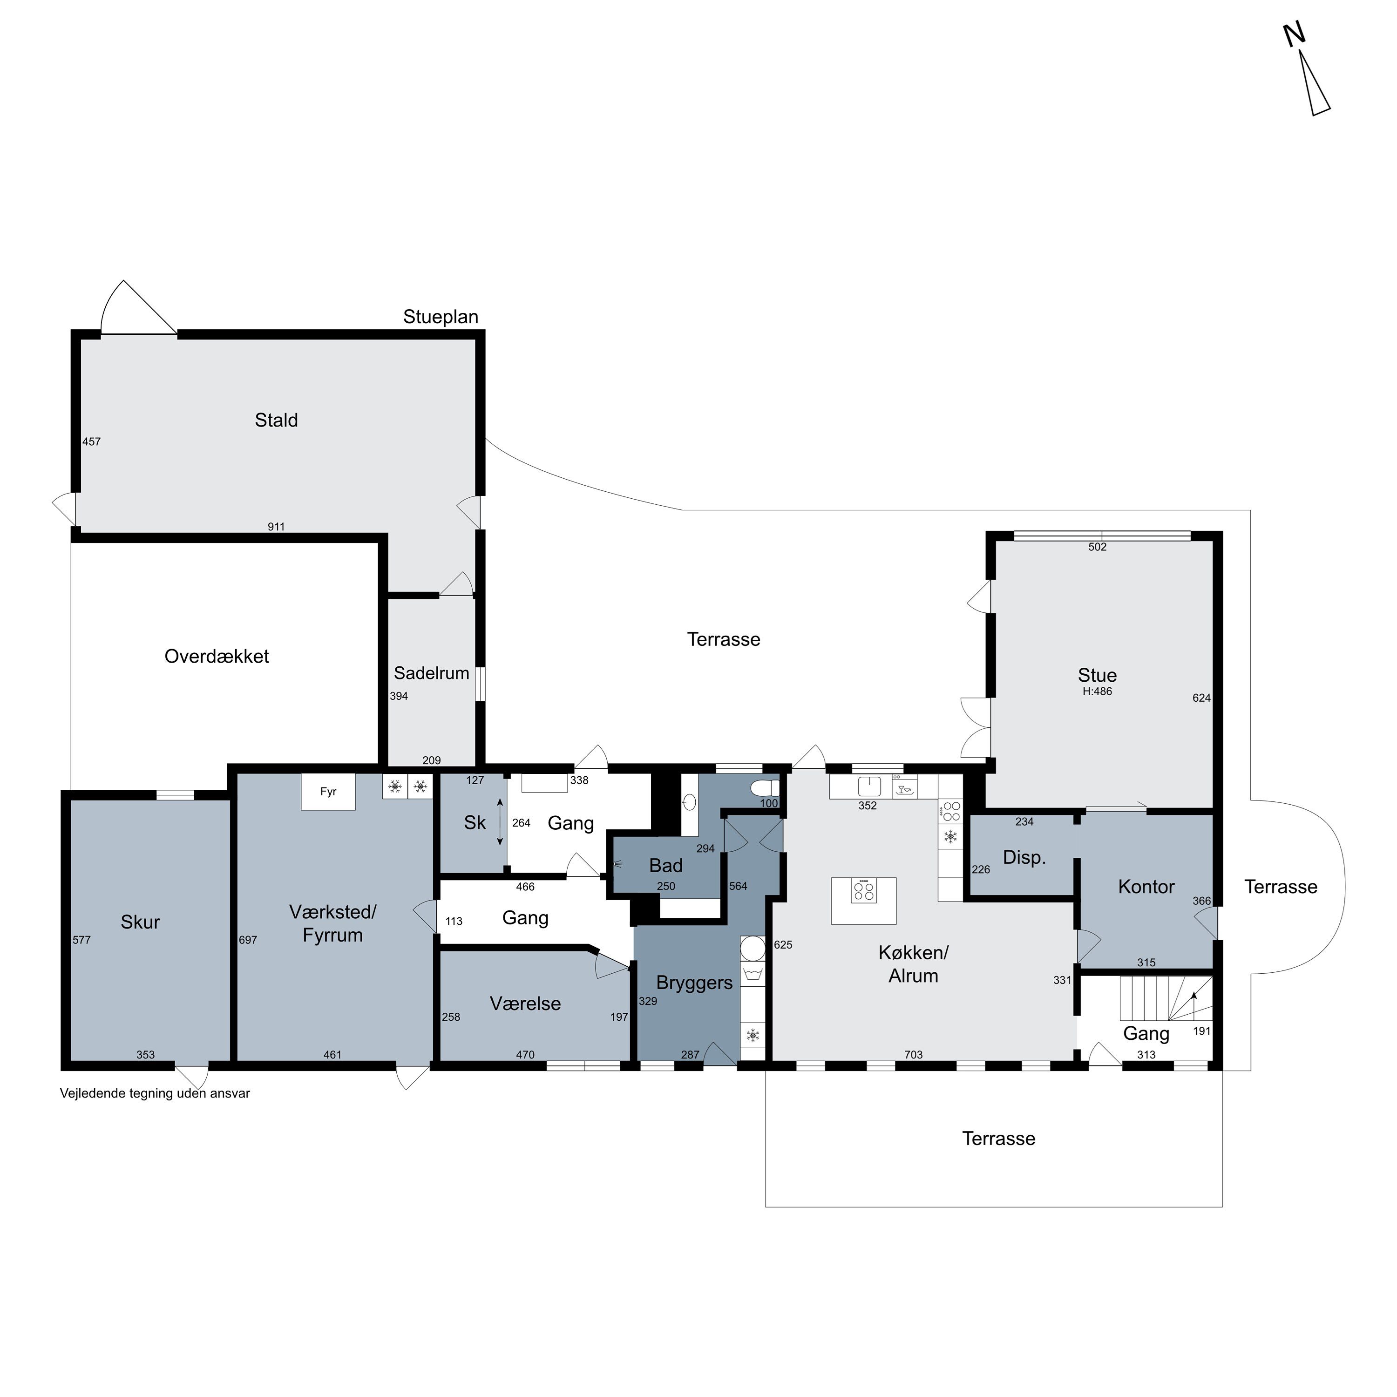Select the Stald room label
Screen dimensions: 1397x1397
(x=276, y=420)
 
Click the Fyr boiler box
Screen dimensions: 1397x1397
(x=328, y=792)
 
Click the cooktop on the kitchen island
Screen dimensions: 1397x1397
(x=864, y=890)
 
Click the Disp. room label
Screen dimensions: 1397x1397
(x=1024, y=858)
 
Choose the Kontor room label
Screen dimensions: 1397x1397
(x=1146, y=887)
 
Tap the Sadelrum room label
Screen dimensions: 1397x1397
(x=432, y=673)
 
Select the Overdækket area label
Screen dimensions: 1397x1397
(x=217, y=657)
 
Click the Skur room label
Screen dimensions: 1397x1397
(x=140, y=922)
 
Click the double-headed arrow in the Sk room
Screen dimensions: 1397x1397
(x=500, y=822)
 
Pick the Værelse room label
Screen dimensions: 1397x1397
(x=526, y=1004)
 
